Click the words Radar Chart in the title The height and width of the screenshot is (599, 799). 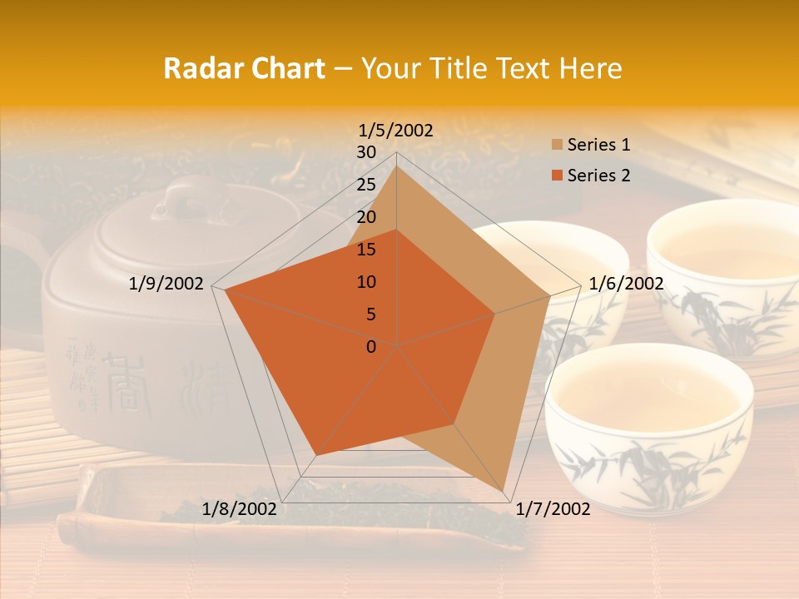point(244,69)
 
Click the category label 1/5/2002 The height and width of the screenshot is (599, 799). point(395,131)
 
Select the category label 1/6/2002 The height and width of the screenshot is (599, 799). point(626,284)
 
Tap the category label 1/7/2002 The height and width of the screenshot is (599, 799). point(553,509)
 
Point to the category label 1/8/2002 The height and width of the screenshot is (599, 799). point(240,509)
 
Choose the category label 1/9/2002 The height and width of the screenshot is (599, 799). point(166,284)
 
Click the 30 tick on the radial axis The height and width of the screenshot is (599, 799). point(366,152)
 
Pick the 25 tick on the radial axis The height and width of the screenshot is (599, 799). point(366,185)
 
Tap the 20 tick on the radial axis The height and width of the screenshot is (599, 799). point(366,217)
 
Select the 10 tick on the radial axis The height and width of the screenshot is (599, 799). point(366,282)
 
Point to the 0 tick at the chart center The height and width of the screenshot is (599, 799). point(371,347)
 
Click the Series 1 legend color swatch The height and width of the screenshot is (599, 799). point(554,146)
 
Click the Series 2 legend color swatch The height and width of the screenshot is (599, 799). point(554,176)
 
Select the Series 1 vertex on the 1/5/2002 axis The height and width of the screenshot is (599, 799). point(397,166)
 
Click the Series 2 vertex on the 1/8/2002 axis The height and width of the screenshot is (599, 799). point(315,455)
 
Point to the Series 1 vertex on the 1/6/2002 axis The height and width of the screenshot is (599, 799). point(550,295)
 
